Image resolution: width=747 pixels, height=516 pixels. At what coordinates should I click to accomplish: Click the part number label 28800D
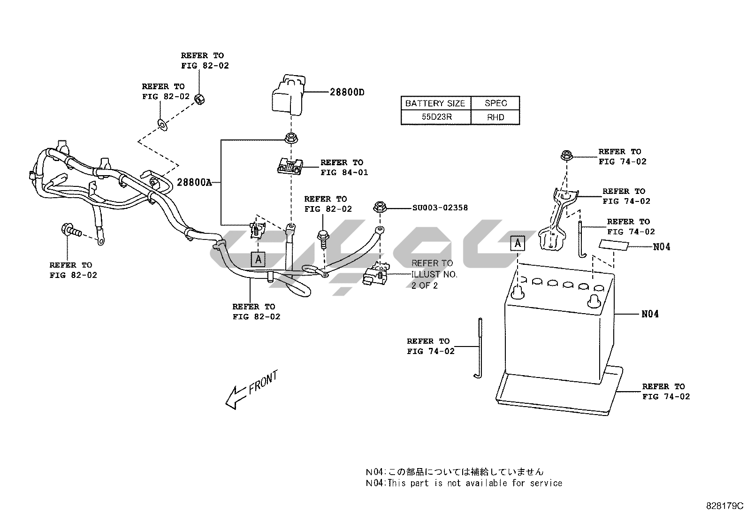[x=347, y=92]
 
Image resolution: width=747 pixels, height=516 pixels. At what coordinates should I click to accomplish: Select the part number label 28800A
[x=194, y=182]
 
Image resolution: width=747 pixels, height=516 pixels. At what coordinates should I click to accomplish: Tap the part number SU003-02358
[x=440, y=208]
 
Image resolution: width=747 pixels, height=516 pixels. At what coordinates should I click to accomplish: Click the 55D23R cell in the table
[x=436, y=117]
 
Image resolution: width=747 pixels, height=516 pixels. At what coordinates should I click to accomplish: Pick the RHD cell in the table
[x=495, y=117]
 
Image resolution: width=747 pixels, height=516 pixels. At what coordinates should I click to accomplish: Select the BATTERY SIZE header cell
[x=435, y=103]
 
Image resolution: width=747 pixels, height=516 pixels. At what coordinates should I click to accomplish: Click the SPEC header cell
[x=495, y=103]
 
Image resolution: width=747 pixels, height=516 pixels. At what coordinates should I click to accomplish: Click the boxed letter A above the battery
[x=518, y=243]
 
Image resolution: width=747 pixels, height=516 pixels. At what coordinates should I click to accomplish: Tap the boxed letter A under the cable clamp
[x=258, y=259]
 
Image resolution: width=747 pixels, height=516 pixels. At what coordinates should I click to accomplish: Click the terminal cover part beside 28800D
[x=288, y=95]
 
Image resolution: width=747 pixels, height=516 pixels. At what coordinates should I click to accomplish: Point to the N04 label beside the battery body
[x=650, y=314]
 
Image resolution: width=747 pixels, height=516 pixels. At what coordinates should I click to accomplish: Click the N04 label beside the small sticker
[x=662, y=246]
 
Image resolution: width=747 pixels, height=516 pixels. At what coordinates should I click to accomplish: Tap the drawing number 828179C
[x=725, y=506]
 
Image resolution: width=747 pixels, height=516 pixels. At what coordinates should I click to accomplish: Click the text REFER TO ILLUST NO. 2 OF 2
[x=434, y=274]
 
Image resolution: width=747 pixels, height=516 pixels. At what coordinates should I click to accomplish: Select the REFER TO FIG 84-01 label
[x=344, y=168]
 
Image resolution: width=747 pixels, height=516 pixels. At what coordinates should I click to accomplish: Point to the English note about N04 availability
[x=464, y=483]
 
